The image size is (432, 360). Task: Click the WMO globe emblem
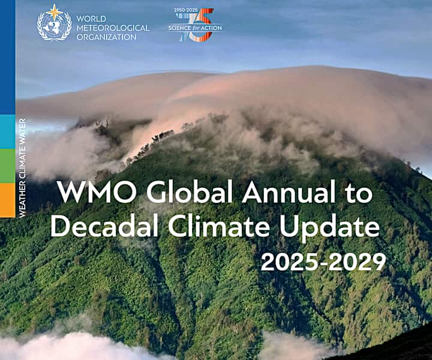click(54, 26)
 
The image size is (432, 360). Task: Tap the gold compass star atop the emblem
click(55, 10)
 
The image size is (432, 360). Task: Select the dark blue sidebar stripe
click(7, 57)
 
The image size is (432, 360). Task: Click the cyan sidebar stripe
click(7, 131)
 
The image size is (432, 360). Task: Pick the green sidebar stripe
click(7, 166)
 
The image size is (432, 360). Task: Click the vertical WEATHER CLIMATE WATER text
click(22, 168)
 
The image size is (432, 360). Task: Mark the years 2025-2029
click(323, 262)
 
